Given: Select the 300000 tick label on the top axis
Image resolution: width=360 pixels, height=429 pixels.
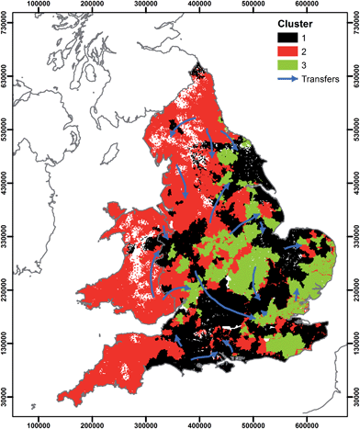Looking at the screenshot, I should point(146,6).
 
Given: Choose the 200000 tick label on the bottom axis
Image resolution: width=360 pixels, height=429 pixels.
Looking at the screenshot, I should point(93,423).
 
